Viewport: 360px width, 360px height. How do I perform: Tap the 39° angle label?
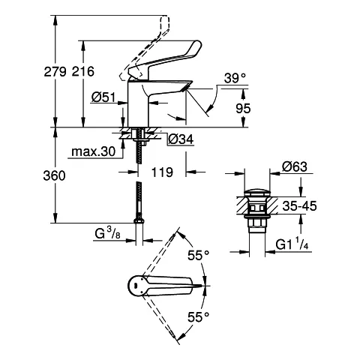pos(234,77)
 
